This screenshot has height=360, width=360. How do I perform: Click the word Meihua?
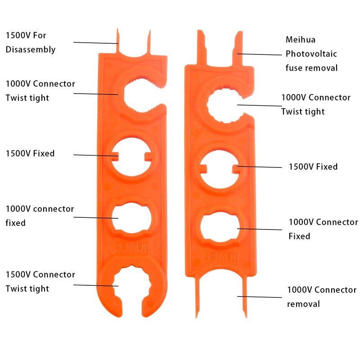[x=300, y=40]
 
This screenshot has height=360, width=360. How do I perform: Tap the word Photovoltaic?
[x=311, y=54]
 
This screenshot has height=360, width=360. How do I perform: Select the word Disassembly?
[x=31, y=50]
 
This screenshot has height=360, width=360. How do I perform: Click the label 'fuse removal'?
[x=311, y=68]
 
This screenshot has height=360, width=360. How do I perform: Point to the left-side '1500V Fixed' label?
[x=30, y=153]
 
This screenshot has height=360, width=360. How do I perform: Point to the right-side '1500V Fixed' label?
[x=313, y=166]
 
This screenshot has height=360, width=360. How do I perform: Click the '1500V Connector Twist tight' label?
[x=40, y=282]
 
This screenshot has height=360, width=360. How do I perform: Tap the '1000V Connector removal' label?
[x=322, y=297]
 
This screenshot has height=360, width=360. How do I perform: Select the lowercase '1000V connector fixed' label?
[x=40, y=216]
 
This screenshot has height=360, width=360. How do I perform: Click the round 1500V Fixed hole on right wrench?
[x=220, y=169]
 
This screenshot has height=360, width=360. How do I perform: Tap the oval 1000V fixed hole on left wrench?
[x=131, y=218]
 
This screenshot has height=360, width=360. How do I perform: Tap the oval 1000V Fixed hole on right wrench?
[x=220, y=227]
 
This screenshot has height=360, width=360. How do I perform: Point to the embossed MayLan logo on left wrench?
[x=132, y=246]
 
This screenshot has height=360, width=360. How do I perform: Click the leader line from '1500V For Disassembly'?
[x=96, y=43]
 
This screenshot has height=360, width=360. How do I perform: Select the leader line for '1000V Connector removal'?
[x=260, y=297]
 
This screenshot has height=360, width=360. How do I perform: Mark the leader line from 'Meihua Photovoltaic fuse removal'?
[x=260, y=54]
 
